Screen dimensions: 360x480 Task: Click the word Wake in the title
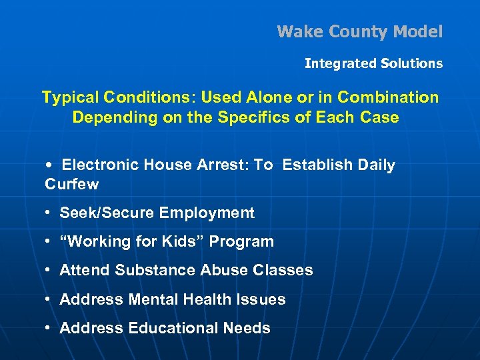(296, 31)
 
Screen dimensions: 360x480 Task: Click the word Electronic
(102, 165)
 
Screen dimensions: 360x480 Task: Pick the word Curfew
(71, 183)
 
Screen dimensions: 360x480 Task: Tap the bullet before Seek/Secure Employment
(49, 213)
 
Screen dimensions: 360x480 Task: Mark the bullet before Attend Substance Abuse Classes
(49, 271)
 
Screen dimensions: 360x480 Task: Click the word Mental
(152, 299)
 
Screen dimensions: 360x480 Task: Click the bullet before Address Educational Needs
(49, 329)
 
